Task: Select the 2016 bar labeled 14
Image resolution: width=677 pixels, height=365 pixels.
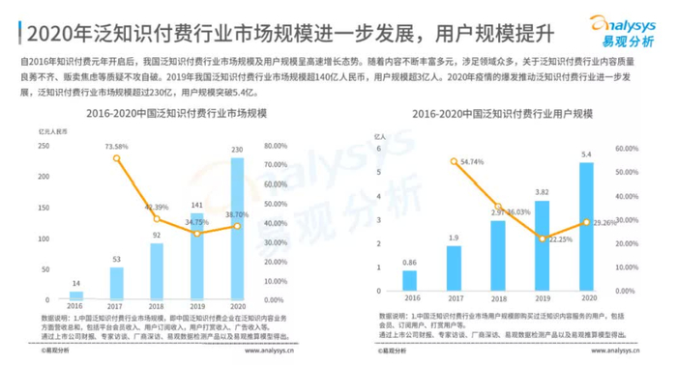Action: pyautogui.click(x=75, y=295)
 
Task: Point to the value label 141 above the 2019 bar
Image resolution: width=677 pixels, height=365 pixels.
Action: pyautogui.click(x=196, y=205)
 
